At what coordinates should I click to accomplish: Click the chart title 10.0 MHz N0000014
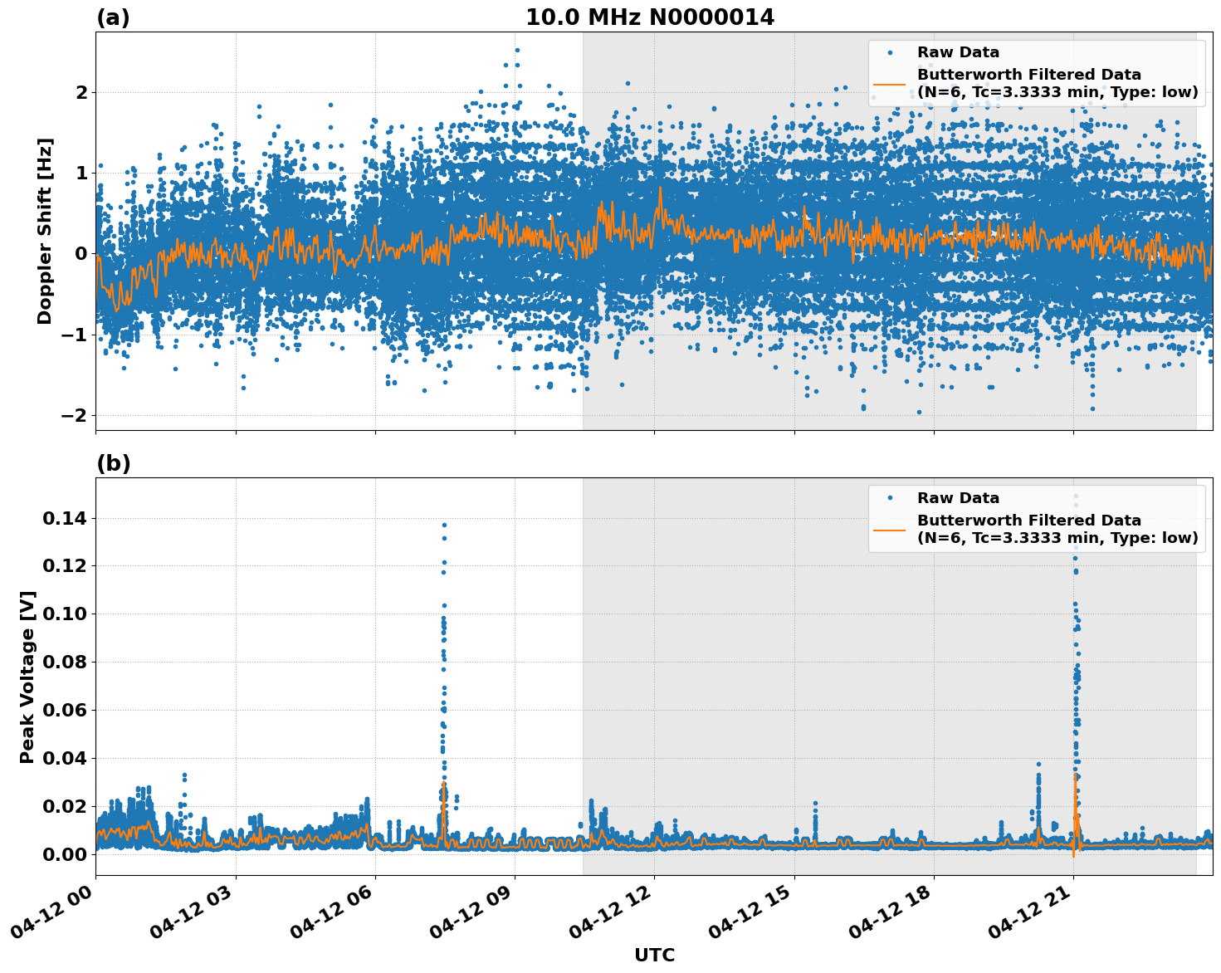pos(649,17)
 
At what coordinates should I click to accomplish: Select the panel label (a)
pos(113,17)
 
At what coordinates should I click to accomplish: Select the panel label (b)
pos(113,463)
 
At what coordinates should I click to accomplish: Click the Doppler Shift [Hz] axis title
pos(45,231)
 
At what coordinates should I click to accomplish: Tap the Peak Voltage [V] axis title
pos(27,677)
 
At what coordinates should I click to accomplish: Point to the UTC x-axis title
pos(654,955)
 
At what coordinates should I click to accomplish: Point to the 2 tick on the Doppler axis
pos(81,92)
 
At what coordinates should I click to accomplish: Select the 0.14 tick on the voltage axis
pos(65,519)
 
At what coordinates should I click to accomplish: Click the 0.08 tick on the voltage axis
pos(65,663)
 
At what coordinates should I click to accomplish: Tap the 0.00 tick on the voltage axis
pos(65,854)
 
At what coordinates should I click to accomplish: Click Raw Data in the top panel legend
pos(958,52)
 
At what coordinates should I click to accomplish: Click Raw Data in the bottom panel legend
pos(958,498)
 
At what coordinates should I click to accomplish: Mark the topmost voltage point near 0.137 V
pos(444,525)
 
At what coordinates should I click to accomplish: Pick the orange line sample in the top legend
pos(890,84)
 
